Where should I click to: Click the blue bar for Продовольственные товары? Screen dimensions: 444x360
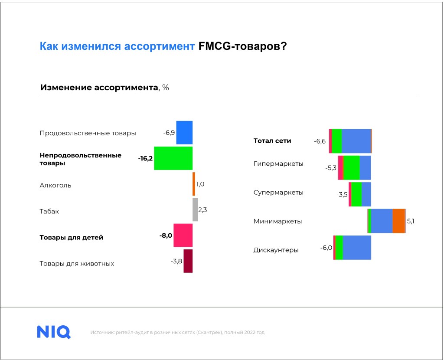click(x=184, y=133)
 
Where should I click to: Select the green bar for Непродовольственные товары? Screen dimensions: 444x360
click(x=173, y=158)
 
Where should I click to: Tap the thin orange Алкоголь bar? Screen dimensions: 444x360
click(x=194, y=184)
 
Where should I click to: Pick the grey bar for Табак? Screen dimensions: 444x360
click(x=195, y=209)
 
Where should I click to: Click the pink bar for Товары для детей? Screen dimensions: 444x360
click(x=183, y=236)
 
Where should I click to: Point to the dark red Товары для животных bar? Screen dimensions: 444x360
click(x=188, y=261)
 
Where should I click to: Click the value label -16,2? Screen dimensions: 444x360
click(x=145, y=158)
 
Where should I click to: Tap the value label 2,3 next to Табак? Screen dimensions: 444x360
click(x=202, y=210)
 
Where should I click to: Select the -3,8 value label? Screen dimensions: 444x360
click(x=176, y=261)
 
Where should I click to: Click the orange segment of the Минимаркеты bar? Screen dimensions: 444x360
click(x=399, y=221)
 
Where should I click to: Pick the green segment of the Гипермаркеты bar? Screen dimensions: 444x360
click(x=351, y=168)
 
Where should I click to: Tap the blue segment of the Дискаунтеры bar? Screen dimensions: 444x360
click(x=357, y=248)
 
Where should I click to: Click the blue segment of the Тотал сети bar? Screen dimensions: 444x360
click(x=356, y=141)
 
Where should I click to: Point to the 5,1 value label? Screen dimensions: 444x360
click(x=411, y=221)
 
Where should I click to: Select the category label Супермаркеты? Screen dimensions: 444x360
click(x=278, y=193)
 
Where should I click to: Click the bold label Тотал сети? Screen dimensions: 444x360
click(x=272, y=141)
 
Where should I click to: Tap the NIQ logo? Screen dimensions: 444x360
click(x=54, y=332)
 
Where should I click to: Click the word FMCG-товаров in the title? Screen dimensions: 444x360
click(x=243, y=46)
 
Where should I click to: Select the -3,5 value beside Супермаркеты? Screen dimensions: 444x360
click(x=342, y=195)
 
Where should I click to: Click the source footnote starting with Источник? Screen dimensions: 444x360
click(x=177, y=332)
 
